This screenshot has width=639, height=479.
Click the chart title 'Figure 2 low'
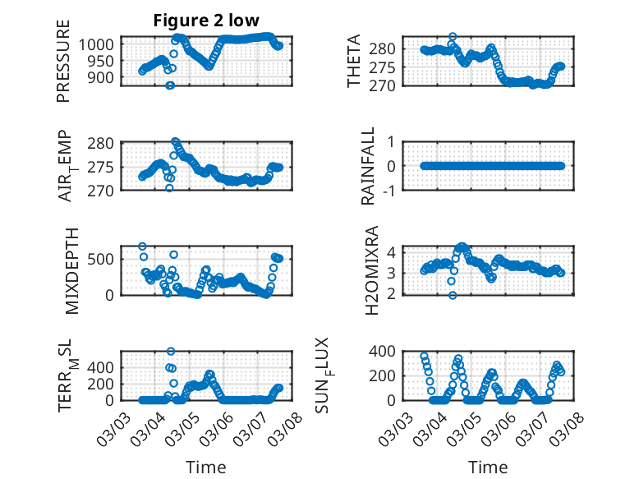pos(206,21)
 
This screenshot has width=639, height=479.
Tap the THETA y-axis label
pos(354,61)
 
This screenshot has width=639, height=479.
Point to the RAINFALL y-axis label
pos(369,166)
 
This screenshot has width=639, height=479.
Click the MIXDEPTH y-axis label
pos(70,270)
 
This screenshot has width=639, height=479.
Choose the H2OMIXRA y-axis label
pos(372,270)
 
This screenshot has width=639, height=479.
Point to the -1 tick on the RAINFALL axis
pos(395,191)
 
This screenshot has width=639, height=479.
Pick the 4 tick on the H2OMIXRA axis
pos(394,251)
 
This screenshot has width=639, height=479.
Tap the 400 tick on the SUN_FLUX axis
pos(387,352)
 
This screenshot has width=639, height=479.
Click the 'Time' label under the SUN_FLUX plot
pos(488,467)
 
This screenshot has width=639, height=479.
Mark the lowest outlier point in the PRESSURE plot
pos(170,85)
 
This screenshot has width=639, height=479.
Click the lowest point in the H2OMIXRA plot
pos(453,295)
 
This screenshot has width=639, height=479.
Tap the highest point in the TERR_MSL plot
pos(171,352)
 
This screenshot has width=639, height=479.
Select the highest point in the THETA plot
pos(453,37)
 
